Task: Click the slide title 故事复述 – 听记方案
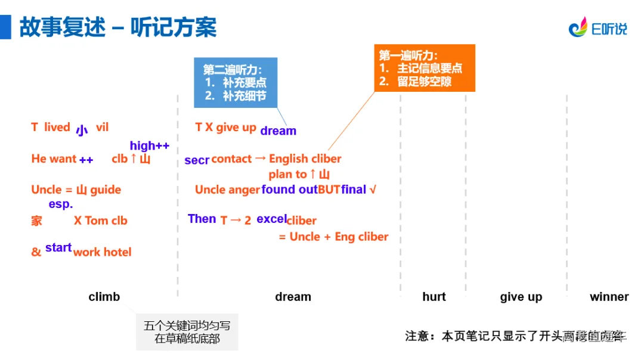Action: [x=117, y=27]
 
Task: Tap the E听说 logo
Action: [x=597, y=27]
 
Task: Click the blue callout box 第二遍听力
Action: [x=236, y=82]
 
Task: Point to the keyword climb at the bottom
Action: [x=104, y=296]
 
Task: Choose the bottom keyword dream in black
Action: [x=293, y=296]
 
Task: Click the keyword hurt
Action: [x=434, y=296]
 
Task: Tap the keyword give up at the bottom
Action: [x=521, y=296]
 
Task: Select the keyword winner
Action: [x=609, y=296]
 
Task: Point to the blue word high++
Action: [x=150, y=145]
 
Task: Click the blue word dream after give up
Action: [x=278, y=131]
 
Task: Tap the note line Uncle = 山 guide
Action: [x=76, y=190]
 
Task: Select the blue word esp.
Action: [x=60, y=204]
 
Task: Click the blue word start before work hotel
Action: [x=58, y=247]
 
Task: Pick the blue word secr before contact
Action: [x=197, y=160]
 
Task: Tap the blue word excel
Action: [x=271, y=219]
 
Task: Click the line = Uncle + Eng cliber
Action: [x=333, y=237]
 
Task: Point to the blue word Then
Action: [x=202, y=219]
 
